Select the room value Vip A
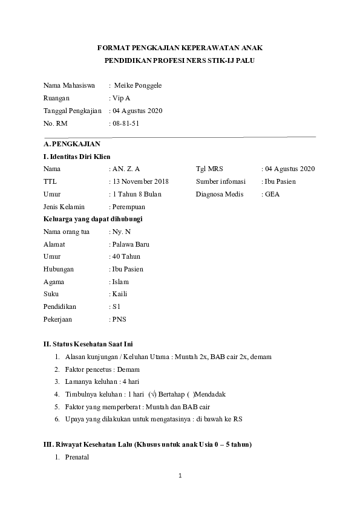coord(121,98)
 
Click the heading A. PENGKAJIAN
coord(72,144)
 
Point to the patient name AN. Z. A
coord(126,169)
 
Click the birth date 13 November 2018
coord(140,181)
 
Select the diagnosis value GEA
coord(272,194)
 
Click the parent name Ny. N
coord(121,232)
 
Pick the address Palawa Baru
coord(131,244)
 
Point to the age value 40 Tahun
coord(126,257)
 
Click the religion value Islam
coord(120,282)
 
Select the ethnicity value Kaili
coord(120,294)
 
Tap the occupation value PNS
coord(119,320)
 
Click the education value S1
coord(117,307)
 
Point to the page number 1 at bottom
coord(180,476)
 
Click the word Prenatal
coord(76,457)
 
